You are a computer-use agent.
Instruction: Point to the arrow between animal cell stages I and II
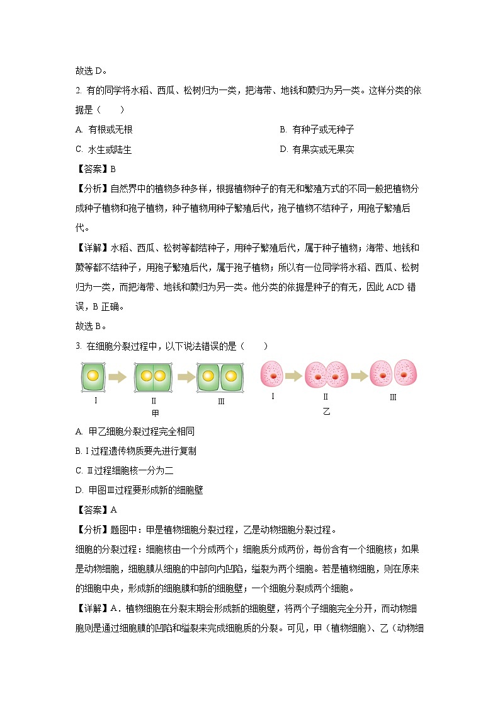[x=293, y=376]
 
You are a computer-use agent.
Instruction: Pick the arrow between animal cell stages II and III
[x=360, y=376]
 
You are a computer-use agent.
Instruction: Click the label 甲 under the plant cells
[x=155, y=414]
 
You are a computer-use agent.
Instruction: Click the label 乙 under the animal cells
[x=326, y=411]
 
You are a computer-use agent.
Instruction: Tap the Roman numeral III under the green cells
[x=221, y=401]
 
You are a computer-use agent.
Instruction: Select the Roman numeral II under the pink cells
[x=326, y=397]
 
